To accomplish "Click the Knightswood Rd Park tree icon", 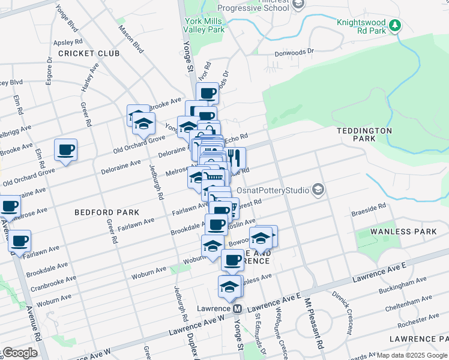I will [x=395, y=25].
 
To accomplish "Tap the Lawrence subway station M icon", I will [x=237, y=308].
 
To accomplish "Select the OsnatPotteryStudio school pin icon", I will [x=318, y=190].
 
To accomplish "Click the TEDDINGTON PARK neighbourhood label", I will [x=364, y=134].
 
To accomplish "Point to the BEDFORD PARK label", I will [x=107, y=212].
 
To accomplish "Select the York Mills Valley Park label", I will [x=205, y=25].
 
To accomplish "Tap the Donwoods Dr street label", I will [x=294, y=52].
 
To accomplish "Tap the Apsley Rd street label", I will [x=68, y=42].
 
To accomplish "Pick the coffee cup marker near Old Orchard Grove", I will [x=66, y=149].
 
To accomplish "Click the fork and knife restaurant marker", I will [x=235, y=158].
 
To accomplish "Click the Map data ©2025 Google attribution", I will [x=412, y=355].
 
